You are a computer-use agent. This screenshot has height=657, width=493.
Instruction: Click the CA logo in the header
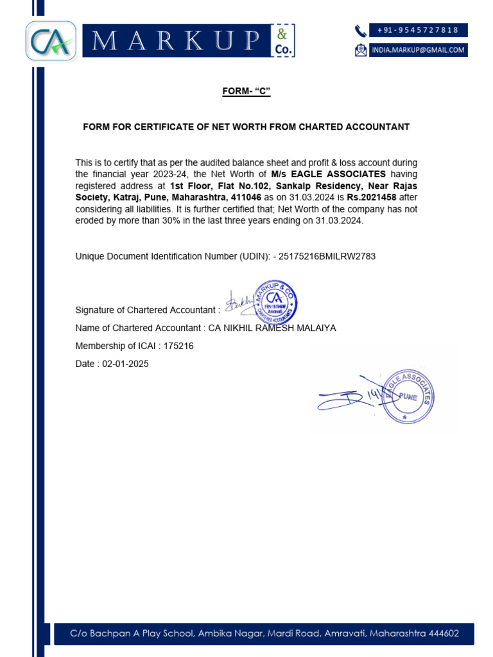(51, 41)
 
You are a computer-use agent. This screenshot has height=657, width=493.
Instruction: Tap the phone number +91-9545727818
(418, 30)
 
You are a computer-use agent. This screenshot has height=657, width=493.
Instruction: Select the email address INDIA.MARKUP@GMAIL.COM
(418, 50)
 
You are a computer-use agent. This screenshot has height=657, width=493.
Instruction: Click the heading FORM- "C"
(246, 92)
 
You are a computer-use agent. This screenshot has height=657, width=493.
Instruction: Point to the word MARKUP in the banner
(177, 41)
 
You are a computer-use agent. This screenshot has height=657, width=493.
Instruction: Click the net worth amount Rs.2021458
(372, 198)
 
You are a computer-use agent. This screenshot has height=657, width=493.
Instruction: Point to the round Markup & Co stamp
(275, 302)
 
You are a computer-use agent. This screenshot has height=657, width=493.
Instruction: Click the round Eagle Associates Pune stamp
(408, 396)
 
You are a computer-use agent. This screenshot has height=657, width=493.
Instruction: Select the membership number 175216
(178, 346)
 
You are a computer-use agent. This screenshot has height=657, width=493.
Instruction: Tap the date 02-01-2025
(125, 364)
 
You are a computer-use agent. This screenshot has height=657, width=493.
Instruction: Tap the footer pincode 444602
(443, 634)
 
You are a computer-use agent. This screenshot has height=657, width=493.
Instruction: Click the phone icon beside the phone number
(361, 30)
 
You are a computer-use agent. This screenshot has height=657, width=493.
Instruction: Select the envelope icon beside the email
(361, 50)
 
